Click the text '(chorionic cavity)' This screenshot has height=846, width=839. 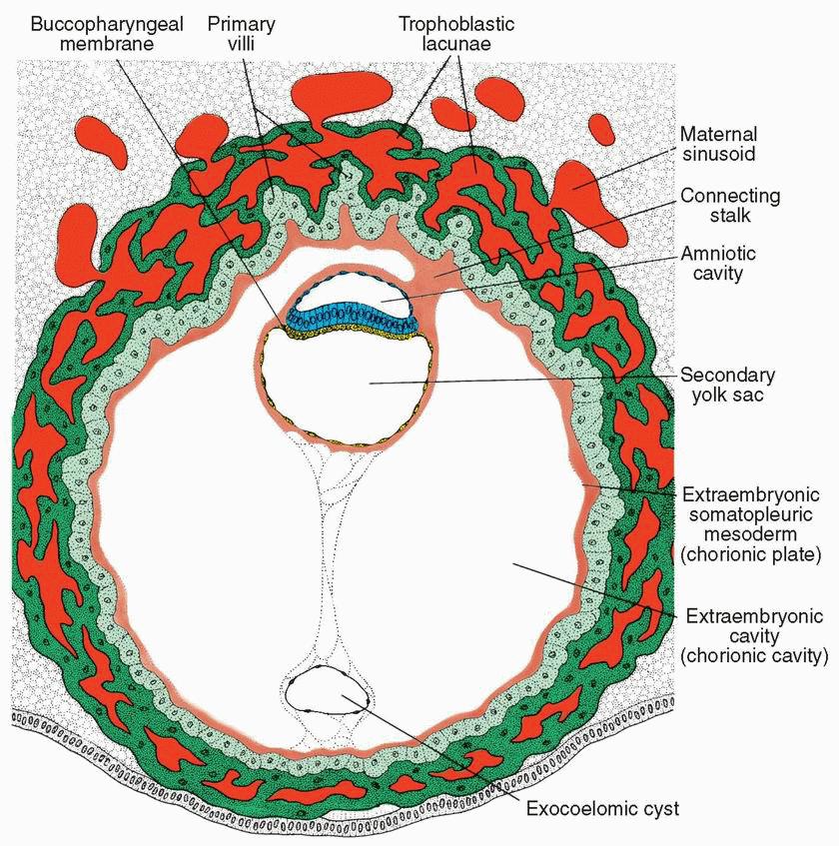(x=754, y=656)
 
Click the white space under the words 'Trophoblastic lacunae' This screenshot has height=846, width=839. (x=444, y=75)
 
